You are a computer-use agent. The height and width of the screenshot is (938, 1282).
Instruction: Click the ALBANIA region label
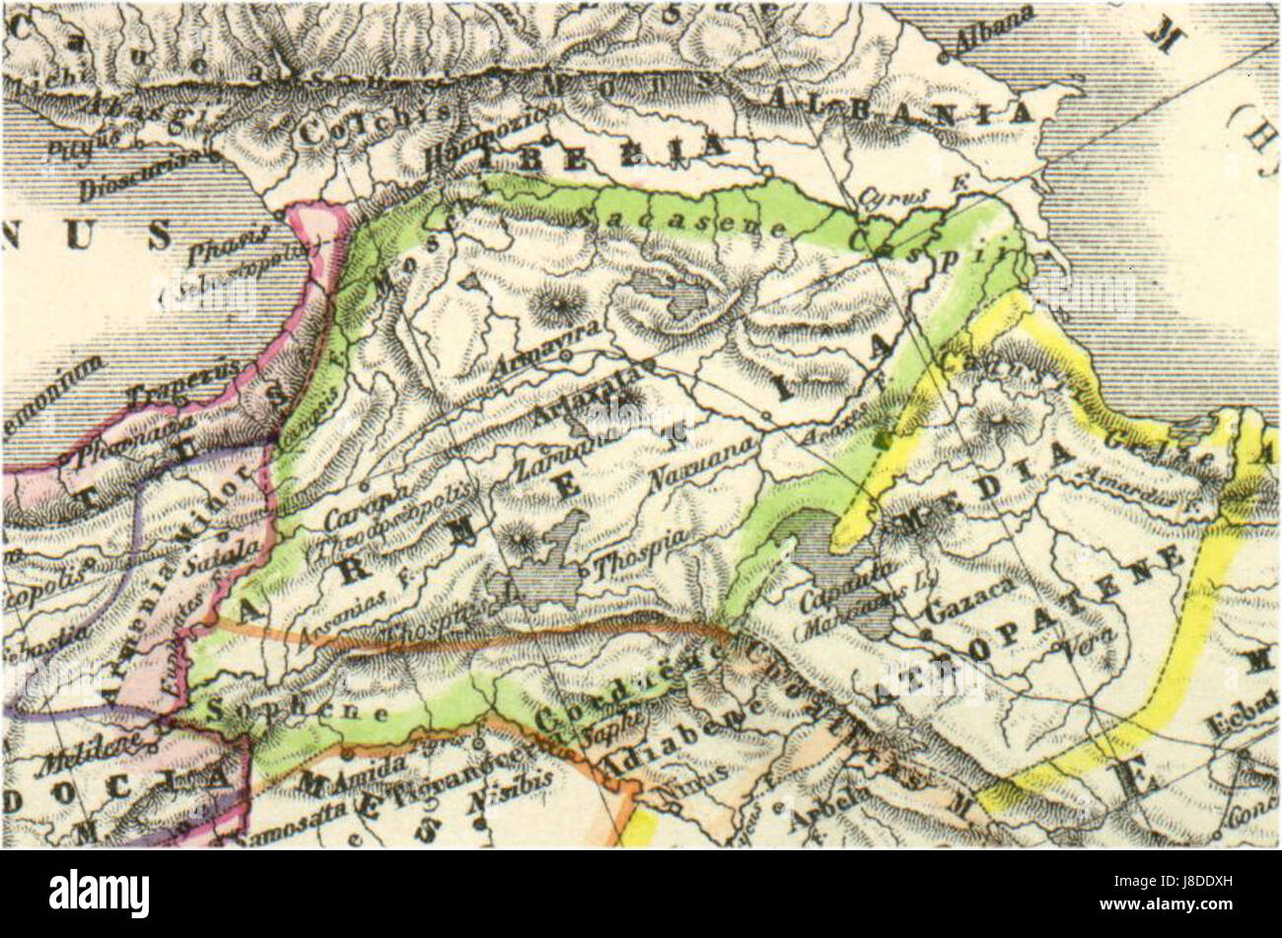pyautogui.click(x=898, y=107)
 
